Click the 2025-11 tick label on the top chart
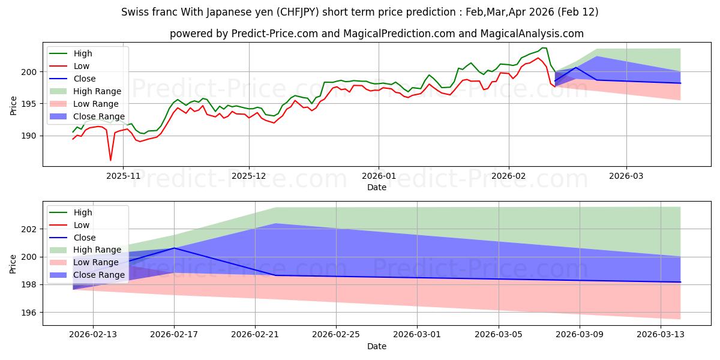(x=123, y=176)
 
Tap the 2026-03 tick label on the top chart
(x=626, y=176)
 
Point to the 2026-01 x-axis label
(x=378, y=176)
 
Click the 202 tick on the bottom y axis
(x=31, y=229)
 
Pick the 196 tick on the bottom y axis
(x=31, y=313)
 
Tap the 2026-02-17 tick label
(x=174, y=335)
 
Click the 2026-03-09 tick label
(x=580, y=335)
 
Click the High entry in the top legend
(x=83, y=53)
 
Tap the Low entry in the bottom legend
(x=82, y=225)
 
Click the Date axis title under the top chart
(x=377, y=187)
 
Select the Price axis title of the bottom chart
(x=13, y=263)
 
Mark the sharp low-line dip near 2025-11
(x=110, y=160)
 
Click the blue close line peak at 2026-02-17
(x=174, y=248)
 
